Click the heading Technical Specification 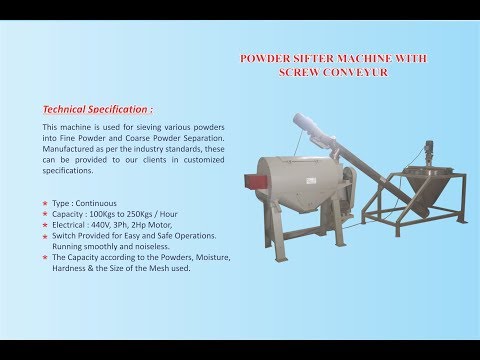(98, 108)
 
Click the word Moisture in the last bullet (208, 257)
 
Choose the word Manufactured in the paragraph (72, 150)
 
